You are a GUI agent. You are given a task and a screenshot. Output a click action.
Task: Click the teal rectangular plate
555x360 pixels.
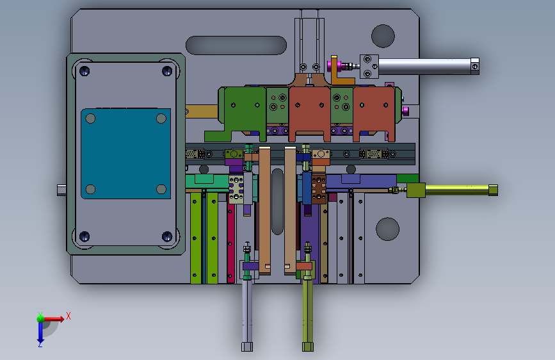pyautogui.click(x=125, y=154)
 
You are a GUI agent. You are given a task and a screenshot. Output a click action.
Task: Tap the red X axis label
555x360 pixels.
pyautogui.click(x=68, y=316)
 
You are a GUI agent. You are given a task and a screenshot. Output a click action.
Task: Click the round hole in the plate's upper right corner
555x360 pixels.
pyautogui.click(x=383, y=36)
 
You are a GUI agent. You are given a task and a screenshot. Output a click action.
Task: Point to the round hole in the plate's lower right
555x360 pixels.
pyautogui.click(x=387, y=229)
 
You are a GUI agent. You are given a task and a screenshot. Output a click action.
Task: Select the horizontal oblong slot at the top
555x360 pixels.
pyautogui.click(x=236, y=45)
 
